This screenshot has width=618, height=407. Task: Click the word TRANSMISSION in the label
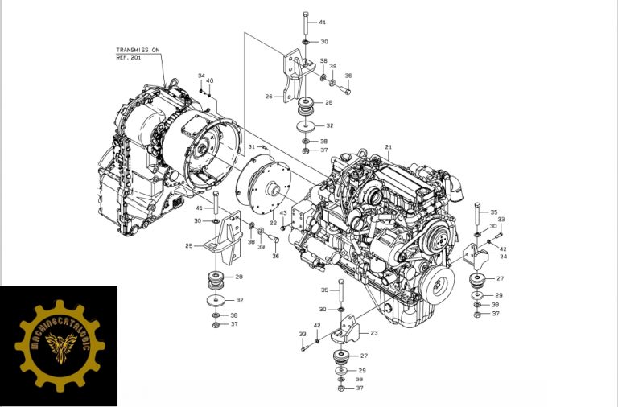[x=138, y=50]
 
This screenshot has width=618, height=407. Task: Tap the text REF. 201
[x=129, y=57]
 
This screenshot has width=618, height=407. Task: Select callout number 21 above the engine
[x=388, y=147]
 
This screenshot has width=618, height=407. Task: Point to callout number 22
[x=273, y=223]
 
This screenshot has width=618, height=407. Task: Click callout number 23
[x=373, y=332]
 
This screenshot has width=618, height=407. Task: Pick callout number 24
[x=503, y=257]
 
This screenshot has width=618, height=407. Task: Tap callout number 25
[x=188, y=245]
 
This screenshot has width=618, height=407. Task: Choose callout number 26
[x=269, y=96]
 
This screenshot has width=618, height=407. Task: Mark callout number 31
[x=251, y=147]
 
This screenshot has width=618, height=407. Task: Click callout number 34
[x=201, y=76]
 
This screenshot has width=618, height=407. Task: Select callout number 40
[x=209, y=80]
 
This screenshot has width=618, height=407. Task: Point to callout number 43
[x=283, y=213]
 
